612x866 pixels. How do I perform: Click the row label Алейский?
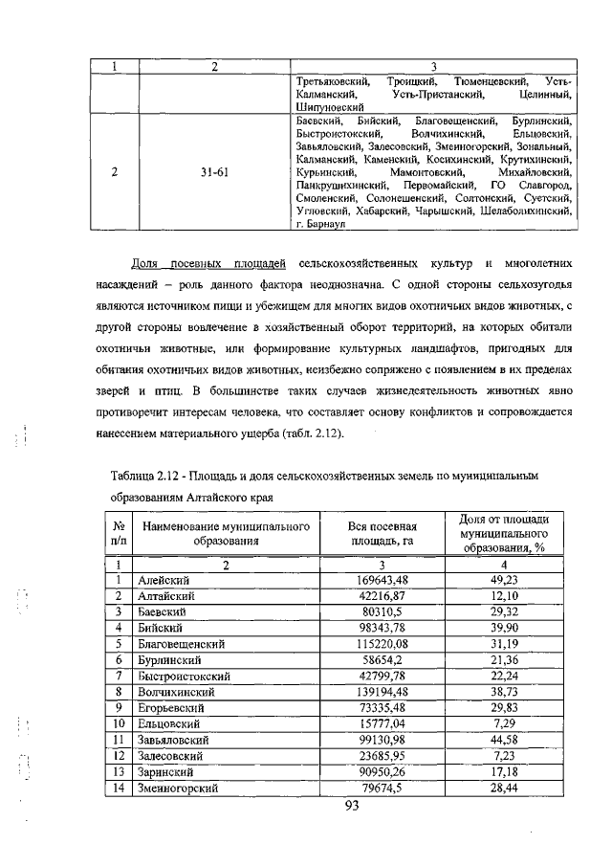tap(164, 580)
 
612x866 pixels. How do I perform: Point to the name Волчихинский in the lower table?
tap(177, 690)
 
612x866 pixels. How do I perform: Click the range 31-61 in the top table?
tap(214, 173)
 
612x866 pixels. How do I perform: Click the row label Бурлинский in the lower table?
tap(170, 659)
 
